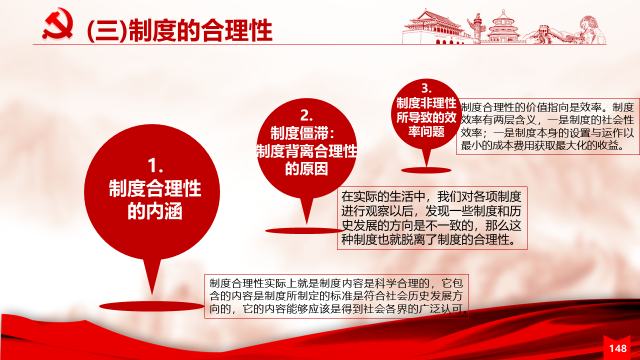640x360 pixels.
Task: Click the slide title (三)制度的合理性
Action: pos(179,30)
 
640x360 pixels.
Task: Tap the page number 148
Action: pos(617,348)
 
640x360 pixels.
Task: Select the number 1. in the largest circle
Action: pos(155,166)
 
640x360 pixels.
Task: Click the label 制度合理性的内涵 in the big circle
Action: pos(155,199)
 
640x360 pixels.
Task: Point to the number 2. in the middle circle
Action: pos(306,115)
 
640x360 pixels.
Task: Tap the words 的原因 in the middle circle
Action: pos(306,168)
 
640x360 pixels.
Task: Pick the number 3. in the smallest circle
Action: pos(426,88)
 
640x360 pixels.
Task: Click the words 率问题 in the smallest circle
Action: pos(426,131)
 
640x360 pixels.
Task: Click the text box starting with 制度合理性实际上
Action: pos(336,296)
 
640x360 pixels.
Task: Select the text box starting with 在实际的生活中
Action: pos(432,218)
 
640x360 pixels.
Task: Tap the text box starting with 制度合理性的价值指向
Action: pos(548,126)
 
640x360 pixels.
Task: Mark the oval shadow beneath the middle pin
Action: pos(304,231)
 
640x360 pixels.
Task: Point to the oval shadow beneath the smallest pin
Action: pos(426,170)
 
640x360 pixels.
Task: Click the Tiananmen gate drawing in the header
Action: pos(434,27)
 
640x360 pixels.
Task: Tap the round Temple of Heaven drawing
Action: pos(503,27)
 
